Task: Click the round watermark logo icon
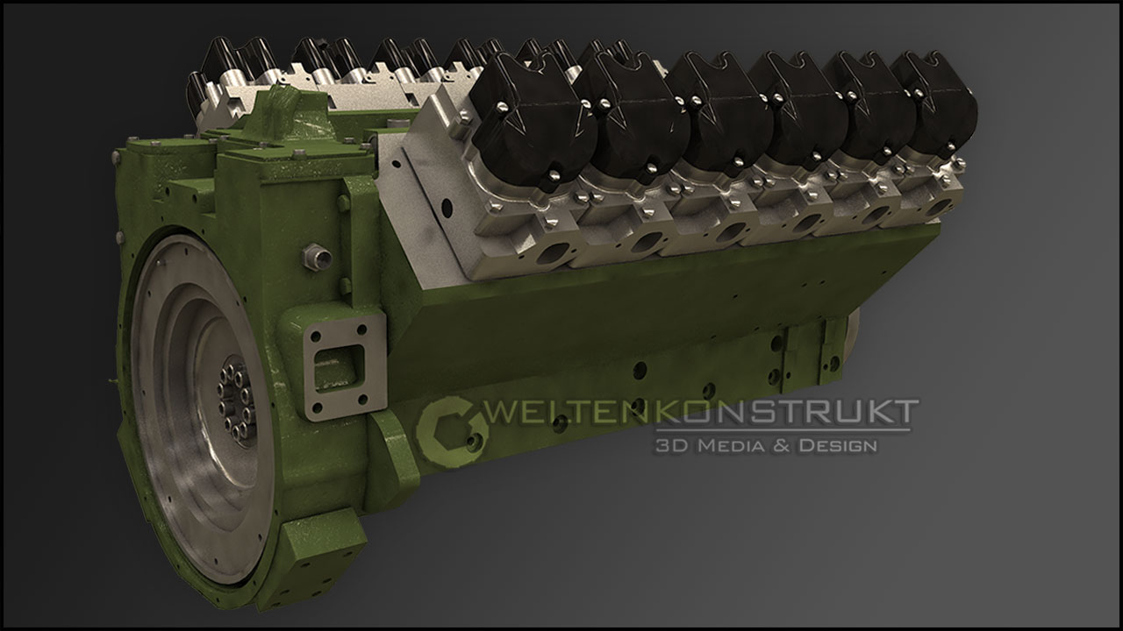[452, 432]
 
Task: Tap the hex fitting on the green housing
[317, 257]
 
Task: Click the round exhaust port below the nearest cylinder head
[552, 254]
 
